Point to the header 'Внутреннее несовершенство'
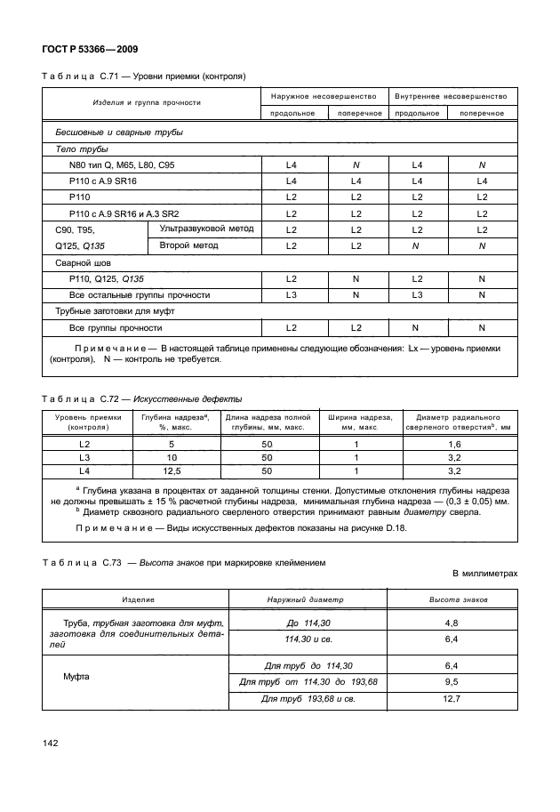pyautogui.click(x=450, y=95)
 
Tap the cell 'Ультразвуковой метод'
pyautogui.click(x=205, y=229)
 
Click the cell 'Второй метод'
pyautogui.click(x=188, y=245)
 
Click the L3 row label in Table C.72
pyautogui.click(x=85, y=456)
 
